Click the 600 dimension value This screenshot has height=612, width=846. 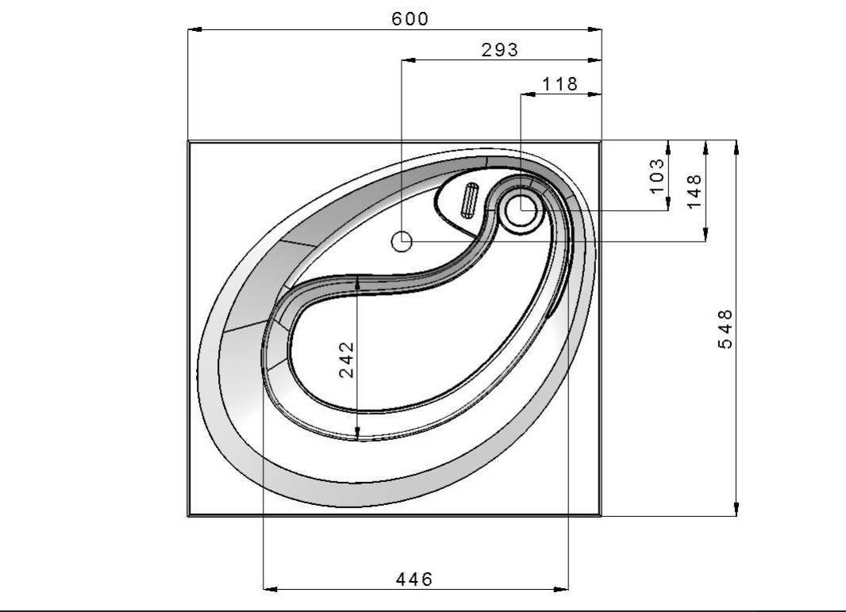pyautogui.click(x=410, y=19)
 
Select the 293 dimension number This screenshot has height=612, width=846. pyautogui.click(x=500, y=50)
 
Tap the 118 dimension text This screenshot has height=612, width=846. pyautogui.click(x=560, y=84)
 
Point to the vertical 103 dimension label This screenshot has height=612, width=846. pyautogui.click(x=656, y=176)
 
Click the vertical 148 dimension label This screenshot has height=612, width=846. pyautogui.click(x=694, y=191)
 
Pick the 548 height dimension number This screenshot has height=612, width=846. pyautogui.click(x=725, y=329)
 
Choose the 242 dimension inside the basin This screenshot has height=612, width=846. pyautogui.click(x=346, y=359)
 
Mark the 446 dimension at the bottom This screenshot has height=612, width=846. pyautogui.click(x=414, y=579)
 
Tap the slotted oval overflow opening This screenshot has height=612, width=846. pyautogui.click(x=470, y=201)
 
